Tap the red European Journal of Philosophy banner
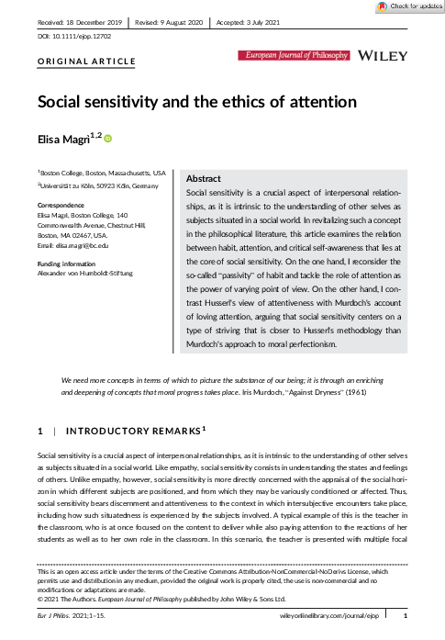pyautogui.click(x=295, y=56)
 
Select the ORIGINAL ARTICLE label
pyautogui.click(x=86, y=62)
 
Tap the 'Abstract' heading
pyautogui.click(x=204, y=177)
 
